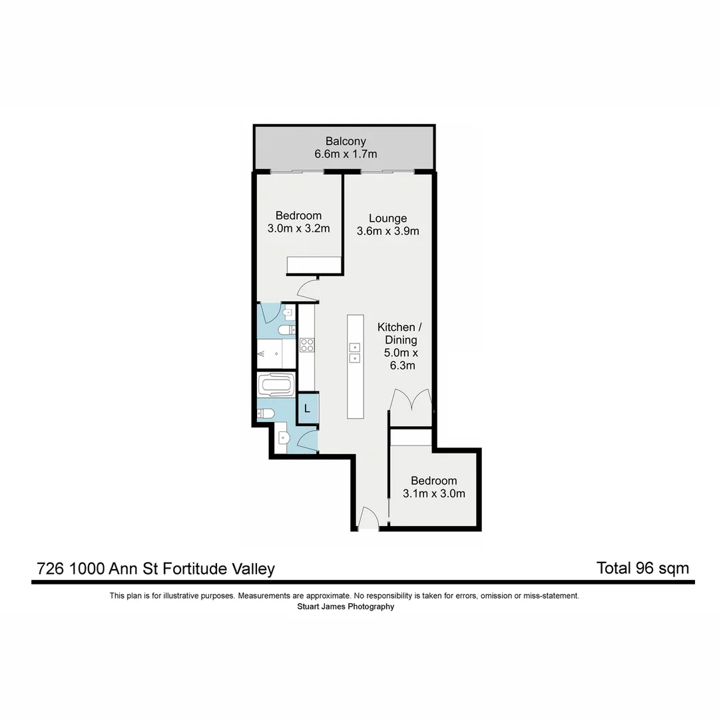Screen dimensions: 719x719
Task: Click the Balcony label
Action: [346, 141]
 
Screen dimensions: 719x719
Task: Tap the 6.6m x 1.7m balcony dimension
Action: [346, 154]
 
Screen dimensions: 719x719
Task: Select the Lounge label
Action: [387, 218]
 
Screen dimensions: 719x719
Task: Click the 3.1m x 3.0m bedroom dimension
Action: [433, 493]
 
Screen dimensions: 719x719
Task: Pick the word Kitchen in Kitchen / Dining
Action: [396, 327]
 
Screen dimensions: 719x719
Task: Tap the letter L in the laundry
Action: [307, 409]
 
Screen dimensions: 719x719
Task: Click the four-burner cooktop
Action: [307, 345]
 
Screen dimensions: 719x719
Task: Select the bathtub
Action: [275, 385]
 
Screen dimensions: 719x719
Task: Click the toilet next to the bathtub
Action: [266, 414]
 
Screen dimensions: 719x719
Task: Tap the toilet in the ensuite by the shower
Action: [288, 330]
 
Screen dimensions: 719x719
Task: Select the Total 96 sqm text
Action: [642, 568]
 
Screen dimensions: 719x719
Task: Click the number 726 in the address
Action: [51, 569]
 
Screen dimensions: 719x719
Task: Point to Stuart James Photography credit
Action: [346, 606]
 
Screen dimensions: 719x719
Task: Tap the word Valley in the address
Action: [253, 569]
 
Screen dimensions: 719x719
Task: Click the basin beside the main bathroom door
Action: [282, 438]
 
